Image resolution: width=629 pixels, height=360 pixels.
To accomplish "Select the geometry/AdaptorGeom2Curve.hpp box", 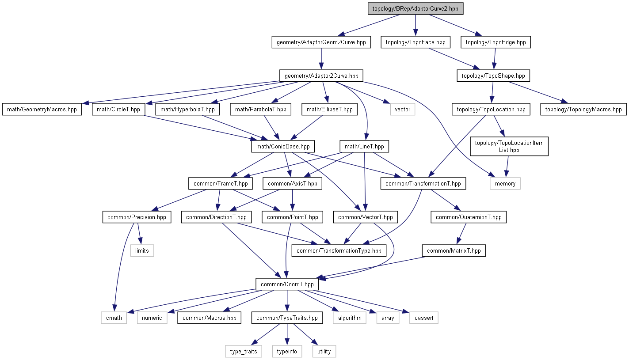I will (x=321, y=42).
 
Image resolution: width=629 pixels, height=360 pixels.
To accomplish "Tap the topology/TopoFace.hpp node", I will (x=416, y=42).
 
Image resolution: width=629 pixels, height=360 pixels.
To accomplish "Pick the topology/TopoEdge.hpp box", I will (x=496, y=42).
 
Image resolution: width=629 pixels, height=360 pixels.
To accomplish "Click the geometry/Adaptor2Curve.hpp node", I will (x=321, y=76).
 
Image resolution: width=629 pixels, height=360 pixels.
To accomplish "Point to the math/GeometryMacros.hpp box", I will (x=42, y=110).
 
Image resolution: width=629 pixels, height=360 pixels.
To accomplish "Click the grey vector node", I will (x=403, y=110).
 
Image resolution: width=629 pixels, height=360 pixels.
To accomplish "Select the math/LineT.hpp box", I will (x=364, y=146).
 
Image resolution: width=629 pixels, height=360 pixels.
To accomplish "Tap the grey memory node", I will (x=505, y=183).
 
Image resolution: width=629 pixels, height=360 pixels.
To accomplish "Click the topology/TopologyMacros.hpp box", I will (x=583, y=110).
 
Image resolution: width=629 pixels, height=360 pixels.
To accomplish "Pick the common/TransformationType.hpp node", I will (x=339, y=250).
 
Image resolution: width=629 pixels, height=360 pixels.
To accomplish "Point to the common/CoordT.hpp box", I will (x=287, y=284).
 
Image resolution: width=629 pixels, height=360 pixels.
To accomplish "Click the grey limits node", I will (x=142, y=250).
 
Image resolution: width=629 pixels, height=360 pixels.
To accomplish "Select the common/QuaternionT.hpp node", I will (x=469, y=217).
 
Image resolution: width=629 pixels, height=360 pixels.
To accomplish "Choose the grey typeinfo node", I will (x=287, y=351).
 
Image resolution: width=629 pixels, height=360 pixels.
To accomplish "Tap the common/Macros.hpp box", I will (x=210, y=318).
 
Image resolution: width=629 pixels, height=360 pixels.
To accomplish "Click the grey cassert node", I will (x=424, y=318).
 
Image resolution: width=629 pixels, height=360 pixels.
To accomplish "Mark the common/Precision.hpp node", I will (x=137, y=217).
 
